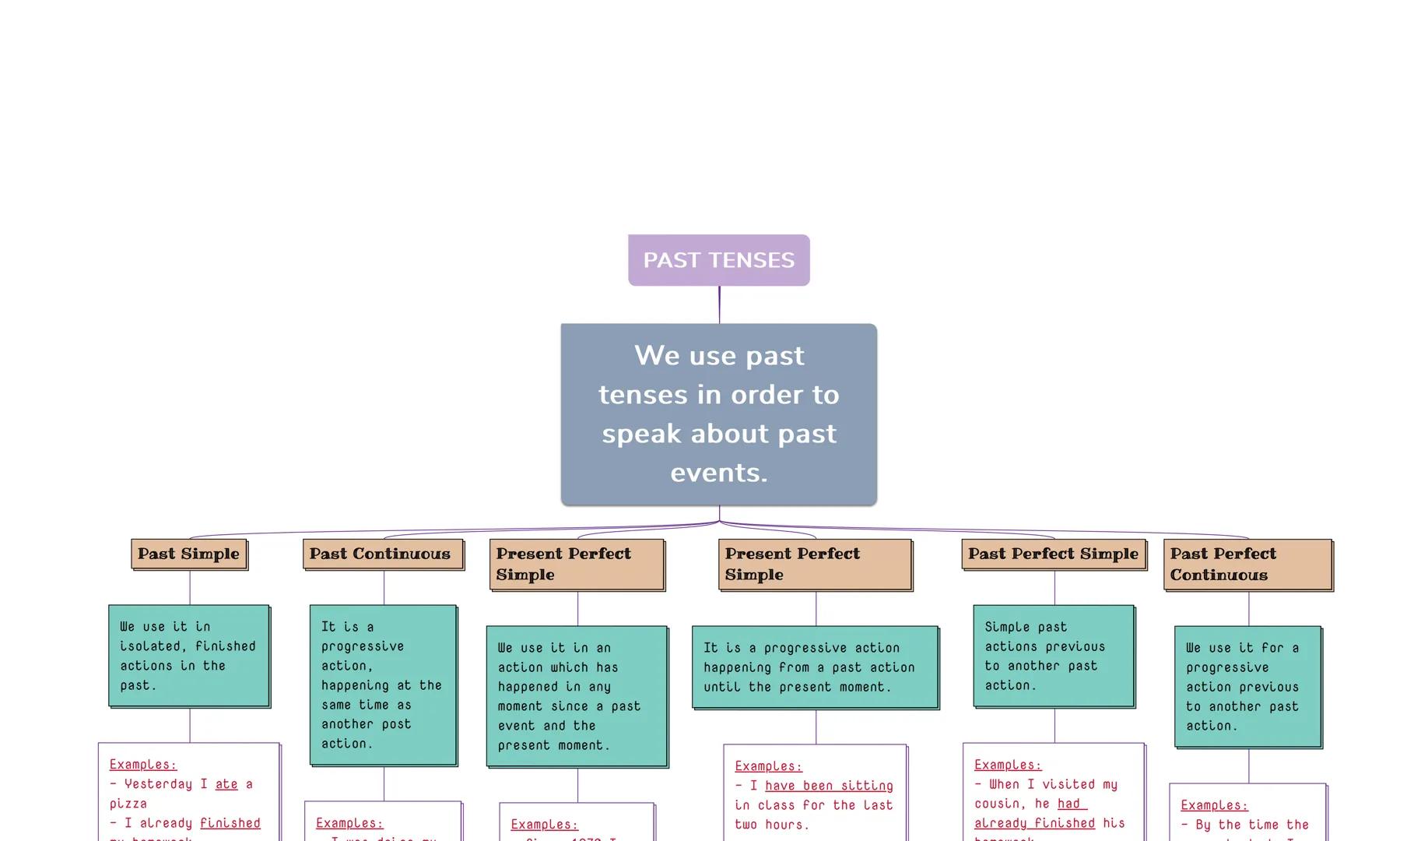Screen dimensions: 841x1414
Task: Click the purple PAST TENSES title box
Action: (718, 260)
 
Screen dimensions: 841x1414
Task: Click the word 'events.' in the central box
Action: (718, 473)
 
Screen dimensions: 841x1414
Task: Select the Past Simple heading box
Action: (189, 554)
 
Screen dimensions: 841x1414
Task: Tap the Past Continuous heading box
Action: (382, 554)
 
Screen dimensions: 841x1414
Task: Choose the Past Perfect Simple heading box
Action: (1054, 554)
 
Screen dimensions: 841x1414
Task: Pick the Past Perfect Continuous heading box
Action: (1247, 565)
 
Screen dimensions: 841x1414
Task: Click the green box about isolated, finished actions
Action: (189, 656)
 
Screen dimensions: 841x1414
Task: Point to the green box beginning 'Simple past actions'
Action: (1054, 656)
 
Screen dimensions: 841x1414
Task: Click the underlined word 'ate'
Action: (226, 784)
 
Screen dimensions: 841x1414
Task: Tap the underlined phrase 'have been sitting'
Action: (829, 786)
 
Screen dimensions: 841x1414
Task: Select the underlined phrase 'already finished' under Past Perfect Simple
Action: (1034, 823)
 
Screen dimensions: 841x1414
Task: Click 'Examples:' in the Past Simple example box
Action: (143, 765)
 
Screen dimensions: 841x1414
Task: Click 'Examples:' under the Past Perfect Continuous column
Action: (1214, 805)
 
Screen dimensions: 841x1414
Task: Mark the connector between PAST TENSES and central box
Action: (719, 304)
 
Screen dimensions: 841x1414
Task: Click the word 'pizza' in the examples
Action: (128, 804)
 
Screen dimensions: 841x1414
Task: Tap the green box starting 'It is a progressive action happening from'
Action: (815, 667)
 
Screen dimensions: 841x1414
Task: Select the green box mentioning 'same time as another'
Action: (382, 685)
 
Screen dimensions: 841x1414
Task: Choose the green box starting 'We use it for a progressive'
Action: (1247, 686)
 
